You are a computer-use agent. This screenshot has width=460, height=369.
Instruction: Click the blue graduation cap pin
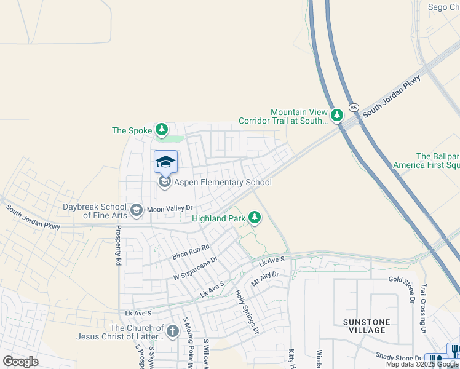165,162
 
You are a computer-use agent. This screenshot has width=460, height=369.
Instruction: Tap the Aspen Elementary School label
223,183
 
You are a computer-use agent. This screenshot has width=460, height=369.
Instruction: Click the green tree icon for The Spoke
161,130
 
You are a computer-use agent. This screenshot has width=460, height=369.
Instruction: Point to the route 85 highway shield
354,108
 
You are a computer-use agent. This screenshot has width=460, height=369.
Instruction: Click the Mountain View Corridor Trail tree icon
336,115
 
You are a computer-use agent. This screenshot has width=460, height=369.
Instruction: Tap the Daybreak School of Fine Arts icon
137,210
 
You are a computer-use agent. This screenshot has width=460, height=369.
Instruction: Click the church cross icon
173,332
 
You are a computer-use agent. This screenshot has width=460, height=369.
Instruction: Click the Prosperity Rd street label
117,245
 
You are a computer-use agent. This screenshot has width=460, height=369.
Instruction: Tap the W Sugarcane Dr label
195,269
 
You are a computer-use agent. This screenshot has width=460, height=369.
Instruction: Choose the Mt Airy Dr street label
265,279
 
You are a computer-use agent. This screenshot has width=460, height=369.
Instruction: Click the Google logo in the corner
21,361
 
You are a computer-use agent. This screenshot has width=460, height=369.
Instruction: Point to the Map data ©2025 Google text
422,364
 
